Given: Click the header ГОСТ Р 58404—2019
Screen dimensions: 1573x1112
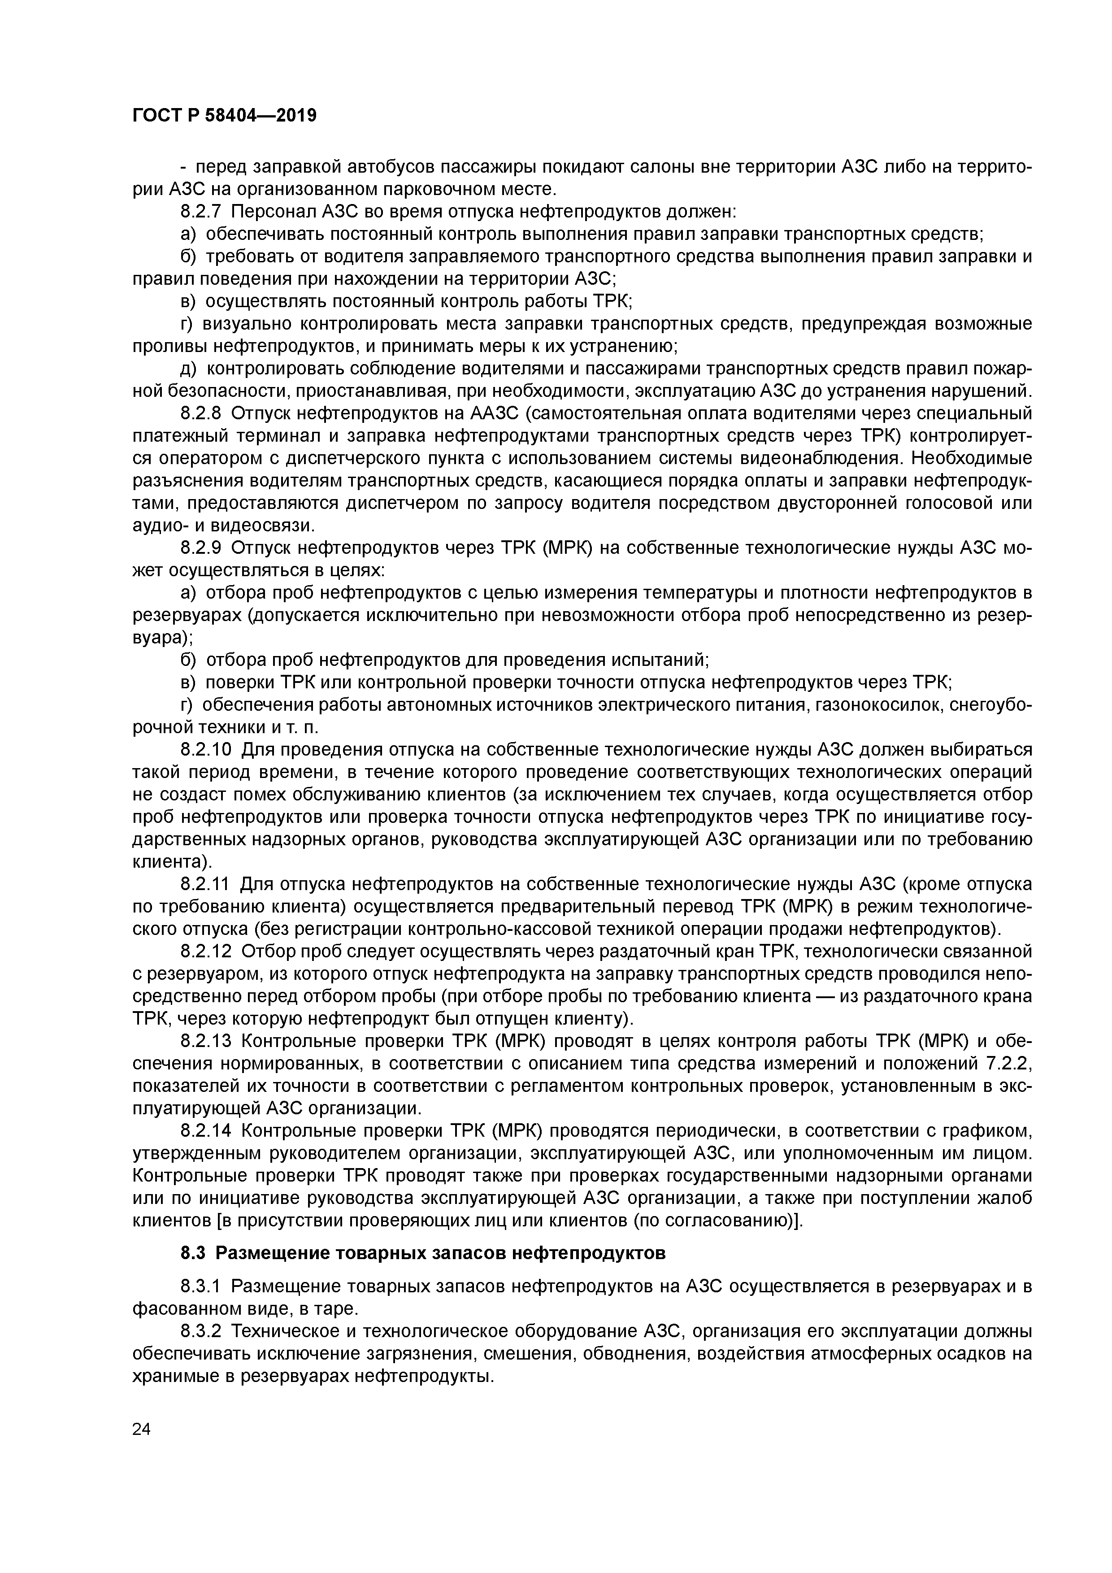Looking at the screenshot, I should point(224,116).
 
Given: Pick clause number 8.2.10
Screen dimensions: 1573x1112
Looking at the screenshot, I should point(207,749).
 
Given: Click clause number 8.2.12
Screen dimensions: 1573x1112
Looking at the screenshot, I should point(207,952).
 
